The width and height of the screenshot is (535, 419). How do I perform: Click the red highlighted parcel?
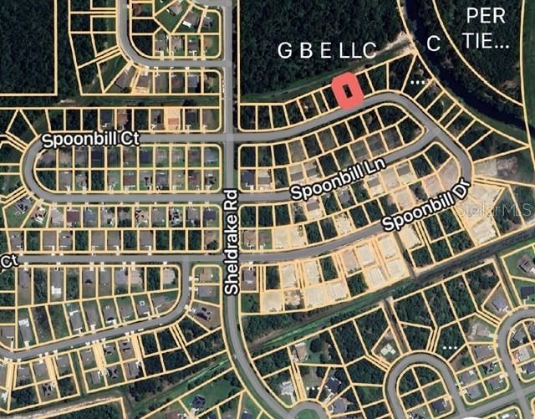(347, 90)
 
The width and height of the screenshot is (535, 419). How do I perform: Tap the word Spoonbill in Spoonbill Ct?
(74, 137)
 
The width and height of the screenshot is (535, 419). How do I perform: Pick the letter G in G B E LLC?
(285, 51)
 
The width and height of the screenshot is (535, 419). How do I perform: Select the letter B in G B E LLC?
(306, 51)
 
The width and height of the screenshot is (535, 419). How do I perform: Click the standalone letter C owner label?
(433, 45)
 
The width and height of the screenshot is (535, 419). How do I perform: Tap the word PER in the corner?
(486, 15)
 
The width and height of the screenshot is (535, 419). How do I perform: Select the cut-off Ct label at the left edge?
(8, 262)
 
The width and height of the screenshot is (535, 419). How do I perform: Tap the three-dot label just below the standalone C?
(418, 81)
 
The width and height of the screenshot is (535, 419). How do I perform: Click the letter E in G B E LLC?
(326, 51)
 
